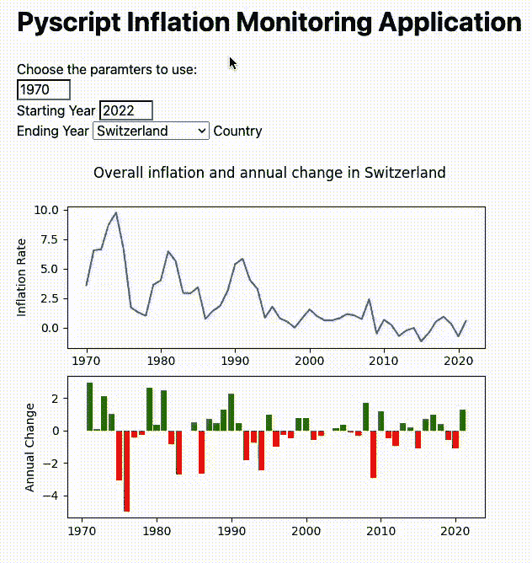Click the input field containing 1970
point(43,90)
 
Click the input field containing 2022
point(125,110)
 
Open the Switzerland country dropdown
point(151,131)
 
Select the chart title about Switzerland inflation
point(269,173)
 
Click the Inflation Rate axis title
point(23,277)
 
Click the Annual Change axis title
point(31,447)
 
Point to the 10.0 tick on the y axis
point(46,210)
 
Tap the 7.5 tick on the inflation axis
point(49,239)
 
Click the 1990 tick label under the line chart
point(235,360)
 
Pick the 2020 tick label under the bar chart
point(455,533)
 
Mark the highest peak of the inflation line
point(116,213)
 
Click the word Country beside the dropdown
point(237,131)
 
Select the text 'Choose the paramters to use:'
point(107,69)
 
